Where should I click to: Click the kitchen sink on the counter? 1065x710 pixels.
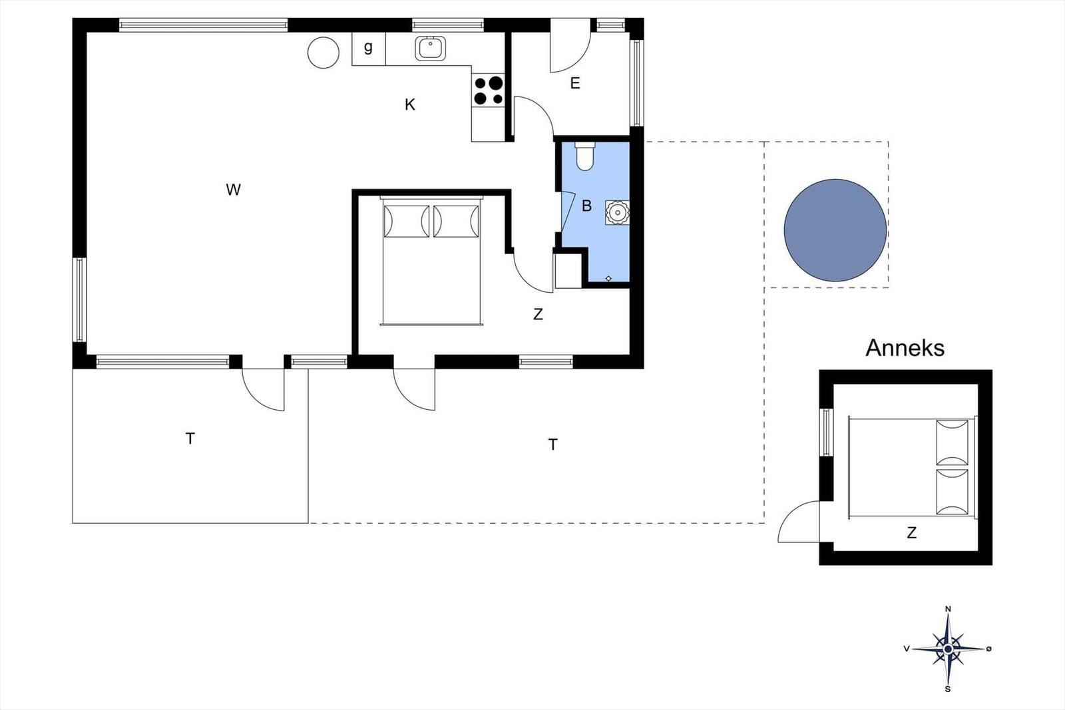pyautogui.click(x=430, y=49)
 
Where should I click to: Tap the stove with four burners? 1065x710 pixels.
pyautogui.click(x=489, y=90)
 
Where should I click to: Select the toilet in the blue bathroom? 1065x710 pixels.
pyautogui.click(x=584, y=156)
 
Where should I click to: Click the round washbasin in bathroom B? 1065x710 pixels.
pyautogui.click(x=618, y=212)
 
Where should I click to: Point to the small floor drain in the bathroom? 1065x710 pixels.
pyautogui.click(x=608, y=279)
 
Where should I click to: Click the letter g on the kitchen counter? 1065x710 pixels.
pyautogui.click(x=368, y=47)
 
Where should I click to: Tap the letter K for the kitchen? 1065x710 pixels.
pyautogui.click(x=410, y=104)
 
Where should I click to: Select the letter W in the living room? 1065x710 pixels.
pyautogui.click(x=233, y=190)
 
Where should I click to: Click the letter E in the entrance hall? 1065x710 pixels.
pyautogui.click(x=575, y=83)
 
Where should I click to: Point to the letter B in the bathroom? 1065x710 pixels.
pyautogui.click(x=586, y=206)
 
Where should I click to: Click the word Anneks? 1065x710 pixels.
pyautogui.click(x=905, y=348)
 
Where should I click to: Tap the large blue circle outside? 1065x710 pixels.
pyautogui.click(x=835, y=230)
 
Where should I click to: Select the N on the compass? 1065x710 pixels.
pyautogui.click(x=948, y=609)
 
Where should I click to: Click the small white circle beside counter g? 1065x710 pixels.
pyautogui.click(x=323, y=53)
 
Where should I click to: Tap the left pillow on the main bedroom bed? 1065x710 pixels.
pyautogui.click(x=407, y=221)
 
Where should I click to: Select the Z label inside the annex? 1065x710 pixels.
pyautogui.click(x=911, y=533)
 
